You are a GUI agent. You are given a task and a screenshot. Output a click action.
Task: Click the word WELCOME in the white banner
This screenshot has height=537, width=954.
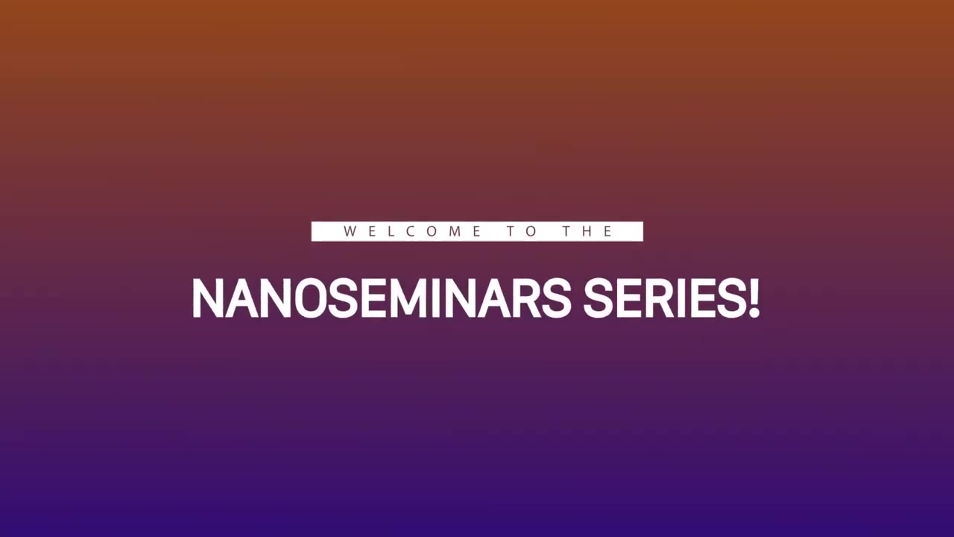pos(412,231)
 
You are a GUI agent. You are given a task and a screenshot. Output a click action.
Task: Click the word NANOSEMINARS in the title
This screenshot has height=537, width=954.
pos(382,298)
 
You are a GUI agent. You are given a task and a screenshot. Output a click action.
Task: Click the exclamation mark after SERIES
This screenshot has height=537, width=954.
pos(754,298)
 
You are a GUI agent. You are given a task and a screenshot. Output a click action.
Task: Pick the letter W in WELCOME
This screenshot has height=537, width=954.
pos(350,231)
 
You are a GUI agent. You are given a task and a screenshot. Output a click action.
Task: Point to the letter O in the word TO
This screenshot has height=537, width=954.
pos(531,231)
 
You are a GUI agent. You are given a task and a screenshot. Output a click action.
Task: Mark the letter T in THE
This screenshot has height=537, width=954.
pos(567,231)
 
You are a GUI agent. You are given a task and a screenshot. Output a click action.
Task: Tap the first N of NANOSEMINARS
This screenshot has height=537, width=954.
pos(208,298)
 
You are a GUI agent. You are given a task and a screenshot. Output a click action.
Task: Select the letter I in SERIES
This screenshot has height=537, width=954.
pos(680,298)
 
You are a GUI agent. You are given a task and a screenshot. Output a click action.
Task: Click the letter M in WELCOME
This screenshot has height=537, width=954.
pos(455,231)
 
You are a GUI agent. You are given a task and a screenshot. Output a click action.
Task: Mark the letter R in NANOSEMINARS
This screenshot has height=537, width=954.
pos(526,298)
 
